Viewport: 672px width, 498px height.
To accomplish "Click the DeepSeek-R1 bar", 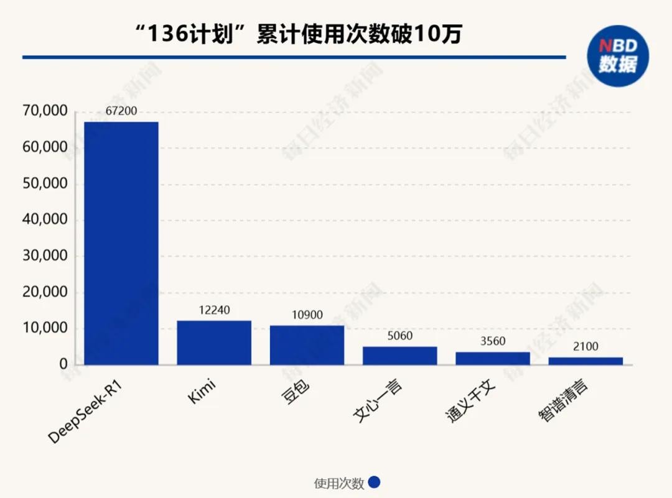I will pyautogui.click(x=121, y=243).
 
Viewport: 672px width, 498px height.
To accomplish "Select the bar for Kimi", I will pyautogui.click(x=213, y=343).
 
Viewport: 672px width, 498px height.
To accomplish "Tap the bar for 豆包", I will pyautogui.click(x=307, y=345).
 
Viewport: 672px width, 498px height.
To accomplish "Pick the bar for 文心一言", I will pyautogui.click(x=399, y=356).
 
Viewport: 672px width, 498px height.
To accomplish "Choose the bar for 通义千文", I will pyautogui.click(x=492, y=358).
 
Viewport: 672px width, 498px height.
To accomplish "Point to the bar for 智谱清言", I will pyautogui.click(x=586, y=361).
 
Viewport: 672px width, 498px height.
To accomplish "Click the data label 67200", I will pyautogui.click(x=121, y=112).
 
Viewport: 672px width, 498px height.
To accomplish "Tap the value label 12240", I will pyautogui.click(x=214, y=310).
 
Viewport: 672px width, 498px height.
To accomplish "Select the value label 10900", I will pyautogui.click(x=307, y=315).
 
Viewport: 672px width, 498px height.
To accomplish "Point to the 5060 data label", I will pyautogui.click(x=399, y=336).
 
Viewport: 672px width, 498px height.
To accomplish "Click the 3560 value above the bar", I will pyautogui.click(x=492, y=341).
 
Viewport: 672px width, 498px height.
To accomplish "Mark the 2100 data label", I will pyautogui.click(x=586, y=347).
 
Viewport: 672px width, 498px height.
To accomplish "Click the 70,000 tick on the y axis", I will pyautogui.click(x=44, y=112).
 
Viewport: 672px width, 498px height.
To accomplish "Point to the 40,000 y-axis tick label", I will pyautogui.click(x=44, y=220).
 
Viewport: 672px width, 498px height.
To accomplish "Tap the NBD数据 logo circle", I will pyautogui.click(x=617, y=56).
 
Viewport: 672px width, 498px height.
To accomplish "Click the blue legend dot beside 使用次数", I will pyautogui.click(x=374, y=483).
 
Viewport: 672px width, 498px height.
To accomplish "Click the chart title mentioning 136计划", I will pyautogui.click(x=299, y=34).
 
